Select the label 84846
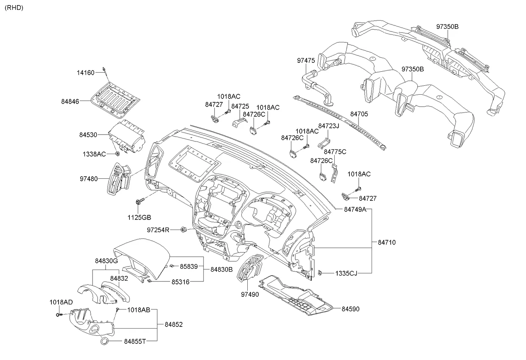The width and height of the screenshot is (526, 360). pos(70,101)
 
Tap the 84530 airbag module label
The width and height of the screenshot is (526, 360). pos(88,135)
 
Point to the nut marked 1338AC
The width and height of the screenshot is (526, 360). pos(117,153)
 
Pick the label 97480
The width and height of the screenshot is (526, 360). pos(88,179)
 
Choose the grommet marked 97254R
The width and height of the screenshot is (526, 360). pos(184,230)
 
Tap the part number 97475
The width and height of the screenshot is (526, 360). pos(305,61)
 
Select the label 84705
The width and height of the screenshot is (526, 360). pos(359,114)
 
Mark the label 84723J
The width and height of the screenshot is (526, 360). pos(329,126)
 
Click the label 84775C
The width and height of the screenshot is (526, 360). pos(335,152)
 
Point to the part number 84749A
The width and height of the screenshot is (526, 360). pos(355,209)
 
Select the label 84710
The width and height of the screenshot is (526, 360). pos(386,242)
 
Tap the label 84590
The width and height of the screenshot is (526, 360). pos(350,309)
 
